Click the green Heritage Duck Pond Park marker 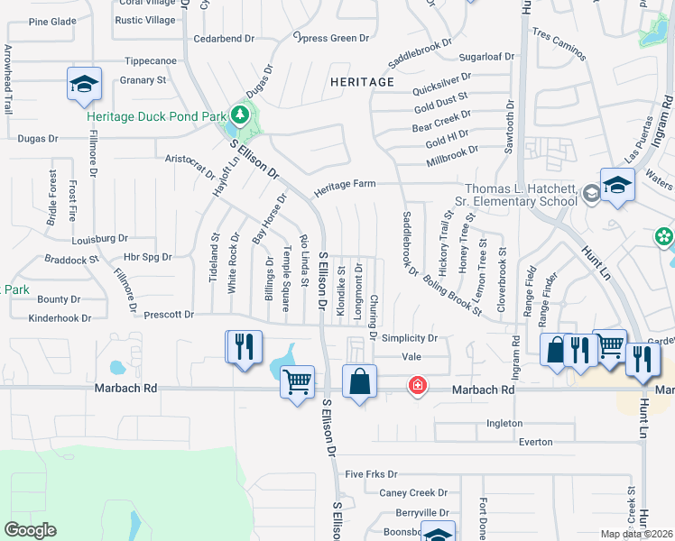239,115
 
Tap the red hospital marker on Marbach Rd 417,386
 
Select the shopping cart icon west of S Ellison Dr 297,382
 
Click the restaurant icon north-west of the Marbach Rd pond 243,346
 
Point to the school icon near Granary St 83,85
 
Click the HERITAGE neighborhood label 362,82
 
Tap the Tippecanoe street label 150,61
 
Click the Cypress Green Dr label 331,38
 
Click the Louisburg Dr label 100,239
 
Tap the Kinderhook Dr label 60,318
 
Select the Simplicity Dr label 409,338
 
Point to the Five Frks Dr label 371,473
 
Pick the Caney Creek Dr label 413,493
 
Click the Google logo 30,530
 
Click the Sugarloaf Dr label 486,56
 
